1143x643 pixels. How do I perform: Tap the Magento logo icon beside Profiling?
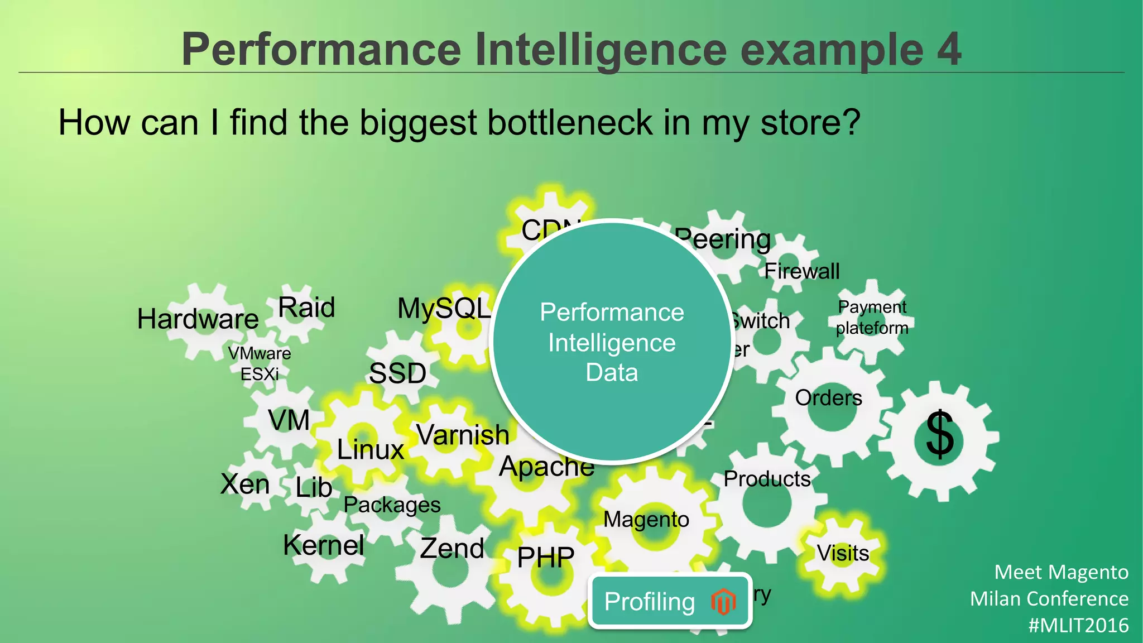pos(723,602)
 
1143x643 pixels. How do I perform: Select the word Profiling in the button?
pos(650,602)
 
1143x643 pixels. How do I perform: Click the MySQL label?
pos(444,309)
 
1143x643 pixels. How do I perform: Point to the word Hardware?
pos(198,319)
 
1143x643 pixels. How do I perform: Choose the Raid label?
pos(306,308)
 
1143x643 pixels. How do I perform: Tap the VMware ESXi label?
pos(260,363)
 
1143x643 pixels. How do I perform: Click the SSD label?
pos(397,373)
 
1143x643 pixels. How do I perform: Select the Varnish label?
pos(463,435)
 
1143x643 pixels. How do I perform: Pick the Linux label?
pos(371,449)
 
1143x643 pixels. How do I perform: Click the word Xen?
pos(245,484)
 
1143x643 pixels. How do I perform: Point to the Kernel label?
pos(324,545)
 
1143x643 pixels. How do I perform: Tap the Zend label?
pos(452,548)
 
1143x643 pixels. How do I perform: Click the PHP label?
pos(546,557)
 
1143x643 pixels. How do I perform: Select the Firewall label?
pos(801,271)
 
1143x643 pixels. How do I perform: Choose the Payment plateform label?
pos(872,317)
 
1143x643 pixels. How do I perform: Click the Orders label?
pos(828,398)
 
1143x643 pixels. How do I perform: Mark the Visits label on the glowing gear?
pos(843,553)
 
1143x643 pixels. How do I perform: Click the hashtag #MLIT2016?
pos(1078,625)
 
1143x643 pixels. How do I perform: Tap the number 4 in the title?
pos(949,49)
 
